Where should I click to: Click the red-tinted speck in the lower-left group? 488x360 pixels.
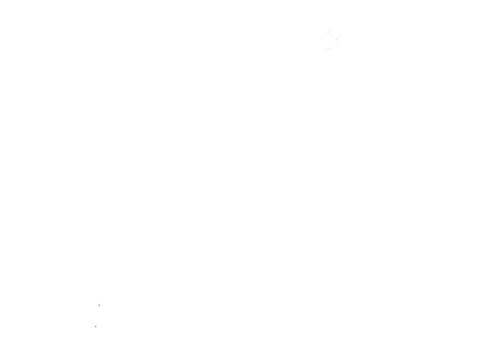point(98,305)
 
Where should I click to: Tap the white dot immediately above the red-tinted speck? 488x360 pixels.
point(99,302)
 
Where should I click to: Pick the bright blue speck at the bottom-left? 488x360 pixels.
point(96,326)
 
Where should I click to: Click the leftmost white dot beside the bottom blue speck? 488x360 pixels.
point(91,327)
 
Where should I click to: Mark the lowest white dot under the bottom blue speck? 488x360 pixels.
point(93,328)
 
